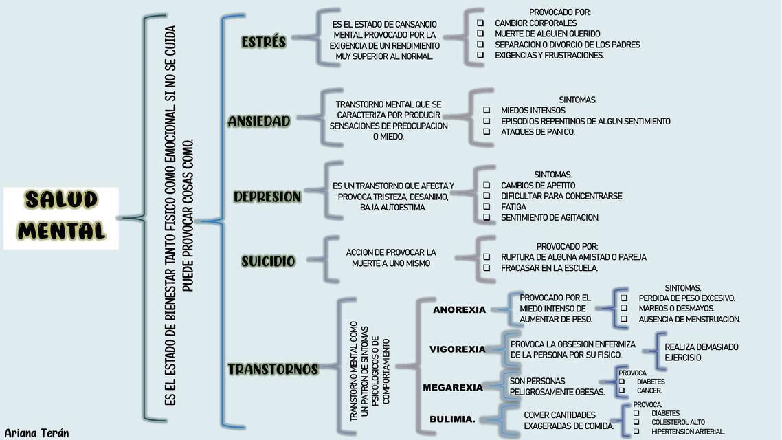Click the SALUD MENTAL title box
pos(61,217)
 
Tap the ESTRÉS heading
pos(264,42)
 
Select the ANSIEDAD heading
pos(259,121)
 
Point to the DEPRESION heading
pos(267,197)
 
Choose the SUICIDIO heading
pos(268,261)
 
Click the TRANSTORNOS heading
pos(273,369)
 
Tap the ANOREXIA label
pos(459,309)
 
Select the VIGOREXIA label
pos(458,349)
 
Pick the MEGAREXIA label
pos(453,388)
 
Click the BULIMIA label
pos(452,419)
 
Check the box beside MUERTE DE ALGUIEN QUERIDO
pos(480,34)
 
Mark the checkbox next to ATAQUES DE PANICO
pos(487,132)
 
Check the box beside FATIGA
pos(487,207)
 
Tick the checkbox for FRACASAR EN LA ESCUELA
pos(487,268)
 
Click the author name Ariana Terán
pos(36,433)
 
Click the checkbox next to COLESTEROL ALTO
pos(636,422)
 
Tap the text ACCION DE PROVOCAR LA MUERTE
pos(391,258)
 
